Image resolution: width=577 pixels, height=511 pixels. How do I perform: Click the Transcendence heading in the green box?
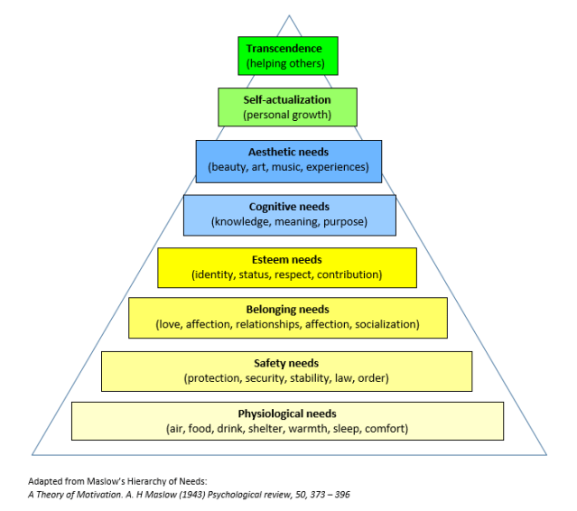pyautogui.click(x=287, y=49)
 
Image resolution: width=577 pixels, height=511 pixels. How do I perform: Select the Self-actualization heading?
pyautogui.click(x=287, y=99)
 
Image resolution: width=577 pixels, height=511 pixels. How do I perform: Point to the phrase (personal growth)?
pyautogui.click(x=287, y=115)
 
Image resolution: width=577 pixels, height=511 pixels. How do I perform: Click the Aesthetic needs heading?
pyautogui.click(x=288, y=152)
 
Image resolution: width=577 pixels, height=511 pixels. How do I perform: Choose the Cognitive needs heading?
pyautogui.click(x=289, y=207)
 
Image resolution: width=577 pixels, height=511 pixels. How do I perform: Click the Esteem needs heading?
pyautogui.click(x=288, y=259)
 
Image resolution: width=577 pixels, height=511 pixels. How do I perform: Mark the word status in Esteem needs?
pyautogui.click(x=256, y=274)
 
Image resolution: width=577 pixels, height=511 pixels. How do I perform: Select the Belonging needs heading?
pyautogui.click(x=288, y=309)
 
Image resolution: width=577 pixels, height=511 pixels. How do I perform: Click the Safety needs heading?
pyautogui.click(x=287, y=363)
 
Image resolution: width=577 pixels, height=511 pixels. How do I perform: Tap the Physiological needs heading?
pyautogui.click(x=287, y=413)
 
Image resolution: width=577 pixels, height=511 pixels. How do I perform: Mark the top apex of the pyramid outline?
pyautogui.click(x=290, y=15)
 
